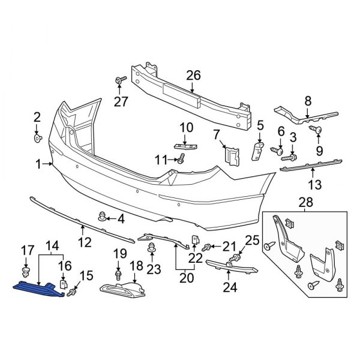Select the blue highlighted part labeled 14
(37, 288)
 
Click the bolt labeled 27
(120, 80)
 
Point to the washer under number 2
(37, 139)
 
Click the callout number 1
(38, 163)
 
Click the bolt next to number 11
(180, 158)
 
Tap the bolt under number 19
(119, 276)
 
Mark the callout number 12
(83, 242)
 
